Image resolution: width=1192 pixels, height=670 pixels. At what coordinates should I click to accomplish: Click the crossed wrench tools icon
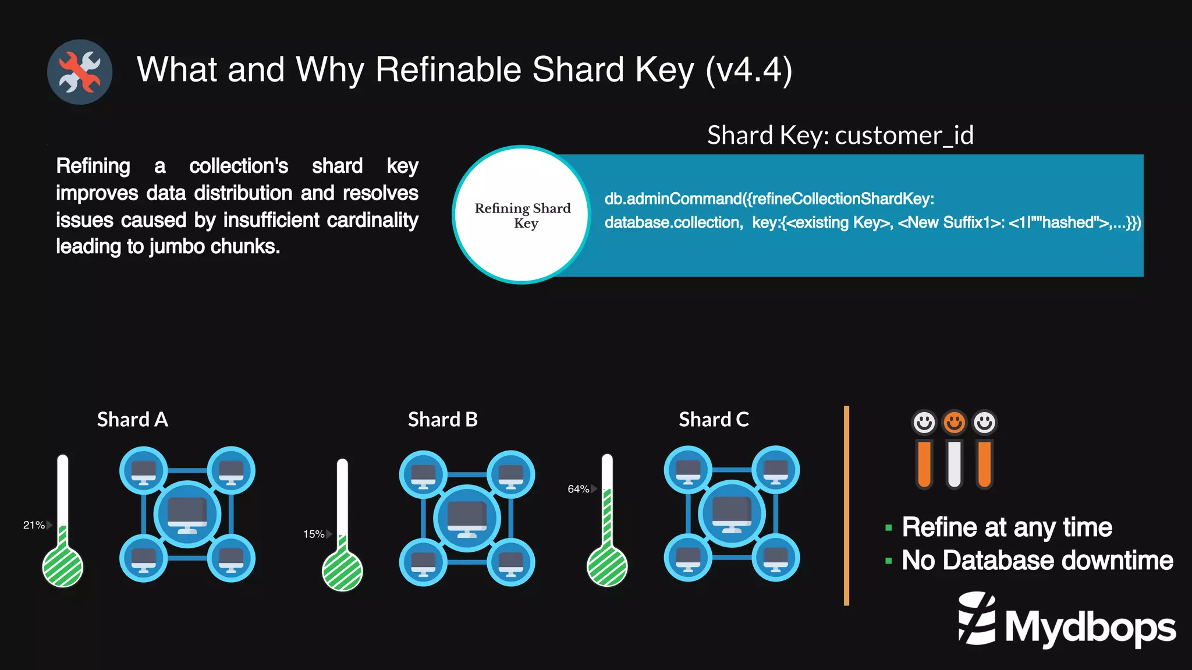80,72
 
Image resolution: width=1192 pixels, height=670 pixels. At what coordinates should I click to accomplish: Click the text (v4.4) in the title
748,70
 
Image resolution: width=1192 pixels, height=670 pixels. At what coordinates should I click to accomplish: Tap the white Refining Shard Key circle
522,215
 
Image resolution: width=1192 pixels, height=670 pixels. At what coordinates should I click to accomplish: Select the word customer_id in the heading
904,136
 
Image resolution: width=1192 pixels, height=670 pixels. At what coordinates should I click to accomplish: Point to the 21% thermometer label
34,525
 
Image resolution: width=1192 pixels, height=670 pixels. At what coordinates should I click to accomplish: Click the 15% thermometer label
314,534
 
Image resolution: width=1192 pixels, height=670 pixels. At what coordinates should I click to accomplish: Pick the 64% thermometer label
579,489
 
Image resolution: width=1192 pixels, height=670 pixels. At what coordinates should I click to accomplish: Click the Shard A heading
133,419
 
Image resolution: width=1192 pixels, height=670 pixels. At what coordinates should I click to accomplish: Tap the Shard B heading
442,419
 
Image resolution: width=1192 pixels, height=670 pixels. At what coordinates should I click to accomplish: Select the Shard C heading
714,419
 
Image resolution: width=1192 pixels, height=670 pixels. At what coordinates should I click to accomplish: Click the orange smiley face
954,422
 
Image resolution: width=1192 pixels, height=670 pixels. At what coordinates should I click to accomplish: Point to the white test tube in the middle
954,463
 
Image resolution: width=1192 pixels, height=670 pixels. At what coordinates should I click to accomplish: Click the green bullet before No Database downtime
888,561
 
